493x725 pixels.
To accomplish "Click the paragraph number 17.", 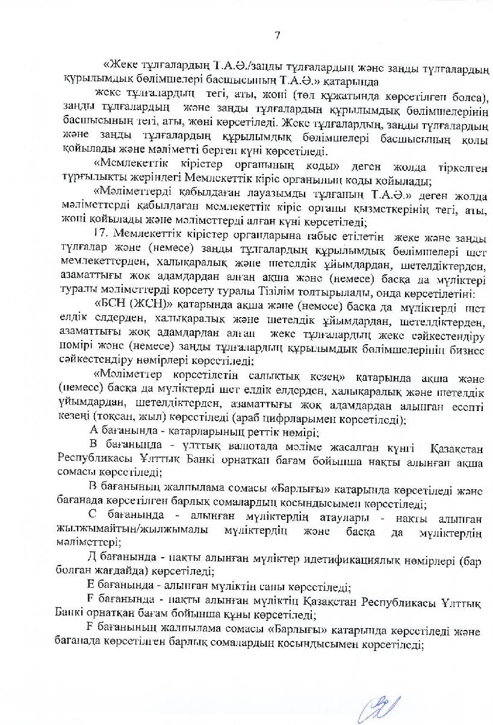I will (102, 232).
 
